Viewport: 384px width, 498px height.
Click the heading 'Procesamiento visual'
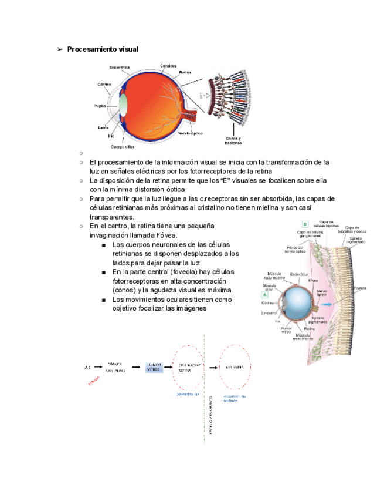coord(103,49)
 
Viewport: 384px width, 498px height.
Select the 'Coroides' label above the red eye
coord(168,65)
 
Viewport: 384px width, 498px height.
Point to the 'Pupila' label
coord(100,106)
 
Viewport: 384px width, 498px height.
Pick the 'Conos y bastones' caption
coord(233,140)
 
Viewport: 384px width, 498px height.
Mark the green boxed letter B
coord(305,224)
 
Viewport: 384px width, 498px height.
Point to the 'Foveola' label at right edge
coord(361,288)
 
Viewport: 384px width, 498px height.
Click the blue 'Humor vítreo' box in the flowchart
coord(154,367)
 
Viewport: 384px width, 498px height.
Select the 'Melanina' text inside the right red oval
coord(235,367)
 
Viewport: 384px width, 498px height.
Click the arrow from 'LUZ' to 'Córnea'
coord(98,367)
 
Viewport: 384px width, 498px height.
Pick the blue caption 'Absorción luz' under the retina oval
coord(189,395)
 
